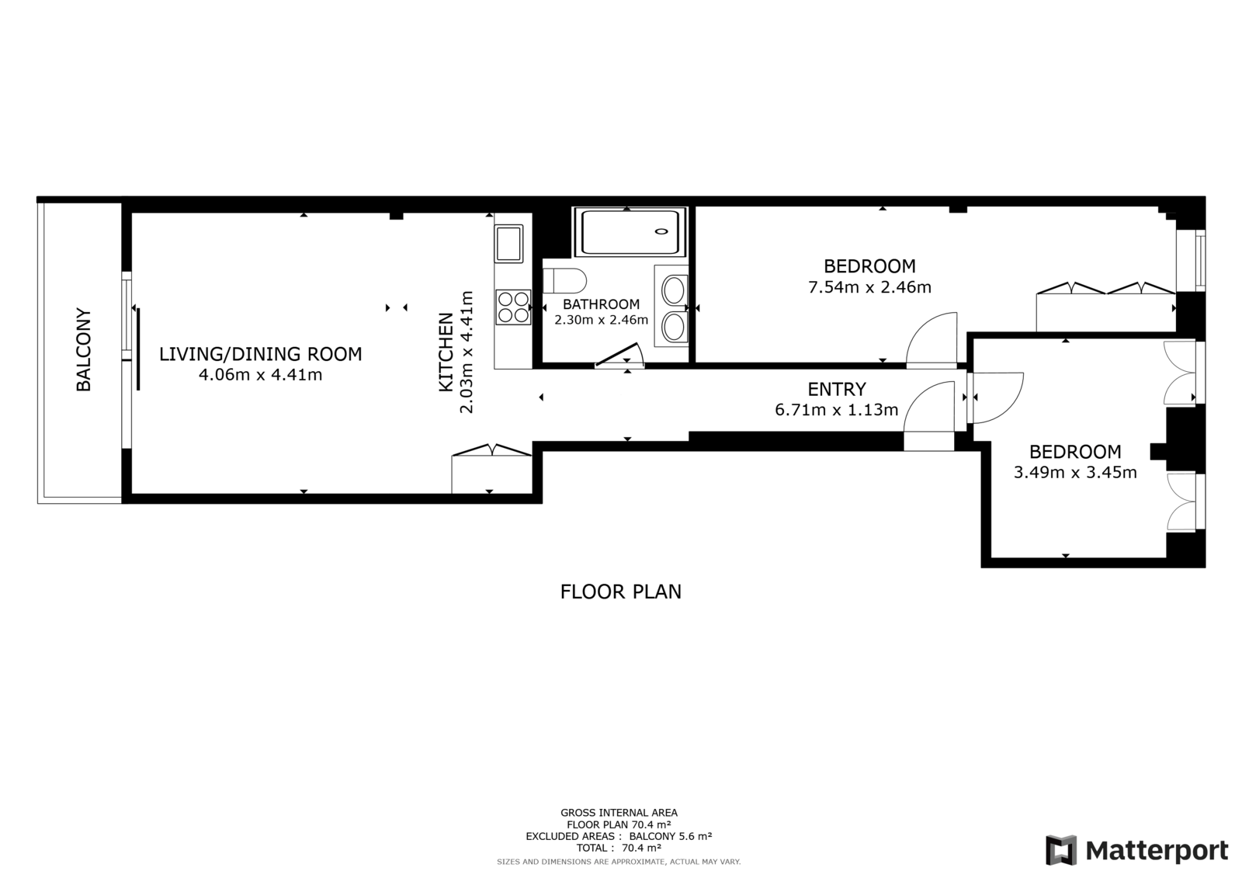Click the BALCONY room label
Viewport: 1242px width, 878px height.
(83, 349)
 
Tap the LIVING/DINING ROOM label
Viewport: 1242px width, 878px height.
(261, 354)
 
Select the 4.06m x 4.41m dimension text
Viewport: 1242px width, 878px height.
(261, 375)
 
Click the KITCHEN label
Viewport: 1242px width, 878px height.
(446, 352)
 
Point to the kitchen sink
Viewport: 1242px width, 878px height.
(509, 244)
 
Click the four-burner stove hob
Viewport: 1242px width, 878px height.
(513, 307)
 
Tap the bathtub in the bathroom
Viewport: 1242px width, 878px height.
(630, 232)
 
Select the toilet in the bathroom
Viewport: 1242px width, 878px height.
(564, 281)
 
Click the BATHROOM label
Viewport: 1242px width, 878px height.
(601, 304)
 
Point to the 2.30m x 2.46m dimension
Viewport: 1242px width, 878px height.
(601, 320)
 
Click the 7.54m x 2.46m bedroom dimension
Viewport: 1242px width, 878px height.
(869, 287)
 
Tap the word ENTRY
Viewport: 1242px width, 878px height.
(837, 390)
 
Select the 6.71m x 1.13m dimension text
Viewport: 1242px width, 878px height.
(836, 410)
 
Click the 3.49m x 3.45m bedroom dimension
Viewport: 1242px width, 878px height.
(1075, 473)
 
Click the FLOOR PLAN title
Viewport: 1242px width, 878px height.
(620, 592)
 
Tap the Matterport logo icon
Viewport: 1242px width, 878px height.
(1060, 850)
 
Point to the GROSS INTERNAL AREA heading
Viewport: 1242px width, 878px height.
(619, 813)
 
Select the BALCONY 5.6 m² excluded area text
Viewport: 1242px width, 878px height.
(671, 836)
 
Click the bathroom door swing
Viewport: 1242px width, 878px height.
(620, 356)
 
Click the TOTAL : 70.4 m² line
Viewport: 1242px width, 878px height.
(619, 848)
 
